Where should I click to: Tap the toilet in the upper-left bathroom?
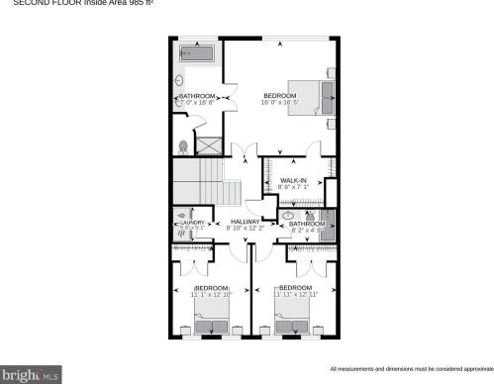pyautogui.click(x=183, y=146)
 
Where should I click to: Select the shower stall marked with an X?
pyautogui.click(x=210, y=144)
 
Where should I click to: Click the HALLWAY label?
pyautogui.click(x=245, y=221)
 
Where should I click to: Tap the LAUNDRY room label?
pyautogui.click(x=192, y=223)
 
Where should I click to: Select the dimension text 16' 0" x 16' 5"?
pyautogui.click(x=280, y=102)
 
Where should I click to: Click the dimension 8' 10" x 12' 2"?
pyautogui.click(x=245, y=229)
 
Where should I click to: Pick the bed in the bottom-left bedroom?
pyautogui.click(x=212, y=324)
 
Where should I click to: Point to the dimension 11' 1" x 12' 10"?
pyautogui.click(x=211, y=294)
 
